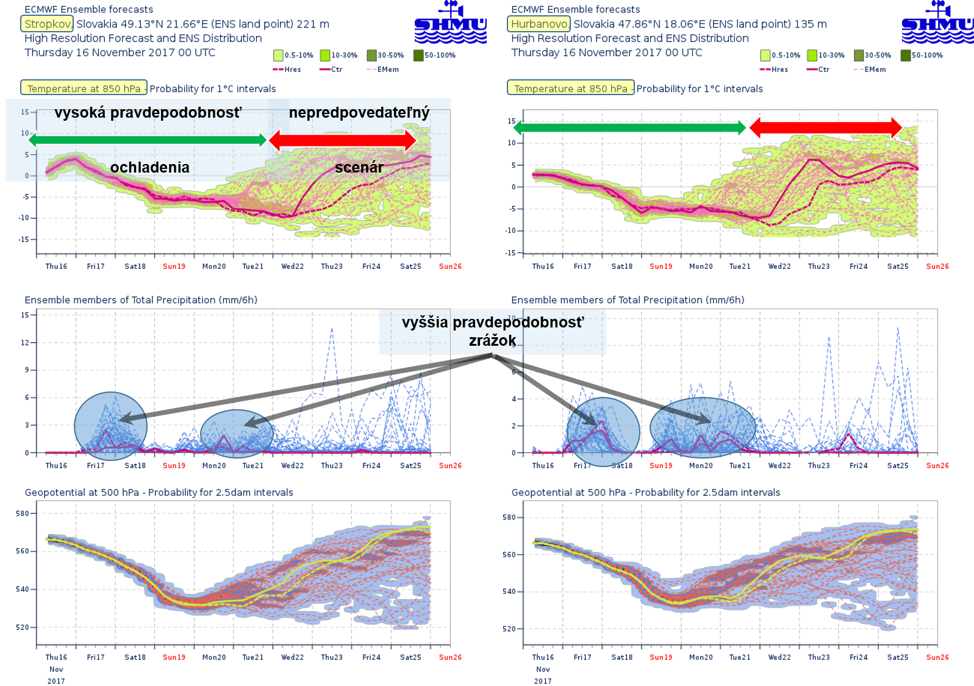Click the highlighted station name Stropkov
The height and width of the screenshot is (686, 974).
pos(47,24)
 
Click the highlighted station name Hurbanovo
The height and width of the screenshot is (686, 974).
pos(539,24)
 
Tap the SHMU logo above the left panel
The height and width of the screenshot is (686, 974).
pos(450,23)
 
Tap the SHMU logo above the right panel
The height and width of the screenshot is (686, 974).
pos(937,23)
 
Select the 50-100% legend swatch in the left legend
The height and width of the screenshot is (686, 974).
pos(418,55)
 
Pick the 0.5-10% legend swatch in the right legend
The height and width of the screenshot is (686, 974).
pos(765,55)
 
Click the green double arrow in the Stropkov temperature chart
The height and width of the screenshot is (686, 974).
pos(148,140)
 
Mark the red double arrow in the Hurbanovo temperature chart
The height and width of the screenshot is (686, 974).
pos(825,127)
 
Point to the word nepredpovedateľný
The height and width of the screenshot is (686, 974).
pos(359,113)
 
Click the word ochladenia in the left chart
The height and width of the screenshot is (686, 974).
pos(149,167)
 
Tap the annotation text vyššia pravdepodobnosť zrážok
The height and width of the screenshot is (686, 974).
pos(492,331)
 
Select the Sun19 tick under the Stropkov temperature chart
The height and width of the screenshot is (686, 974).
pos(174,266)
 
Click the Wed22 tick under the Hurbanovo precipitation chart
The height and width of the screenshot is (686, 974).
pos(779,466)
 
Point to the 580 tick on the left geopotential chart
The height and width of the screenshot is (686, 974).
pos(23,513)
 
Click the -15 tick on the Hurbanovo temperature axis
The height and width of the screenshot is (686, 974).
pos(510,252)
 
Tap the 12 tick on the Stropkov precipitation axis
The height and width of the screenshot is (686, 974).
pos(25,343)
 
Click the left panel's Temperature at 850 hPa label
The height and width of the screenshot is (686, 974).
pos(84,88)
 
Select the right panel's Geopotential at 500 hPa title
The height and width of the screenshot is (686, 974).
pos(646,493)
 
